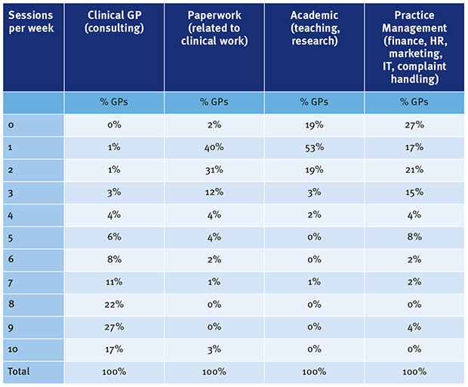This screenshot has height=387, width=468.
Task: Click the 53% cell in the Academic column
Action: pos(314,148)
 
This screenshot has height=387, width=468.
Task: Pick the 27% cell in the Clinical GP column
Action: pos(114,328)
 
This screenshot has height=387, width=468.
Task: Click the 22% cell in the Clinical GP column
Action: pos(114,306)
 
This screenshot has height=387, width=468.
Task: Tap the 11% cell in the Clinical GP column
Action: pos(114,284)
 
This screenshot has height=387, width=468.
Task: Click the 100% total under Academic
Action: pos(314,373)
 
